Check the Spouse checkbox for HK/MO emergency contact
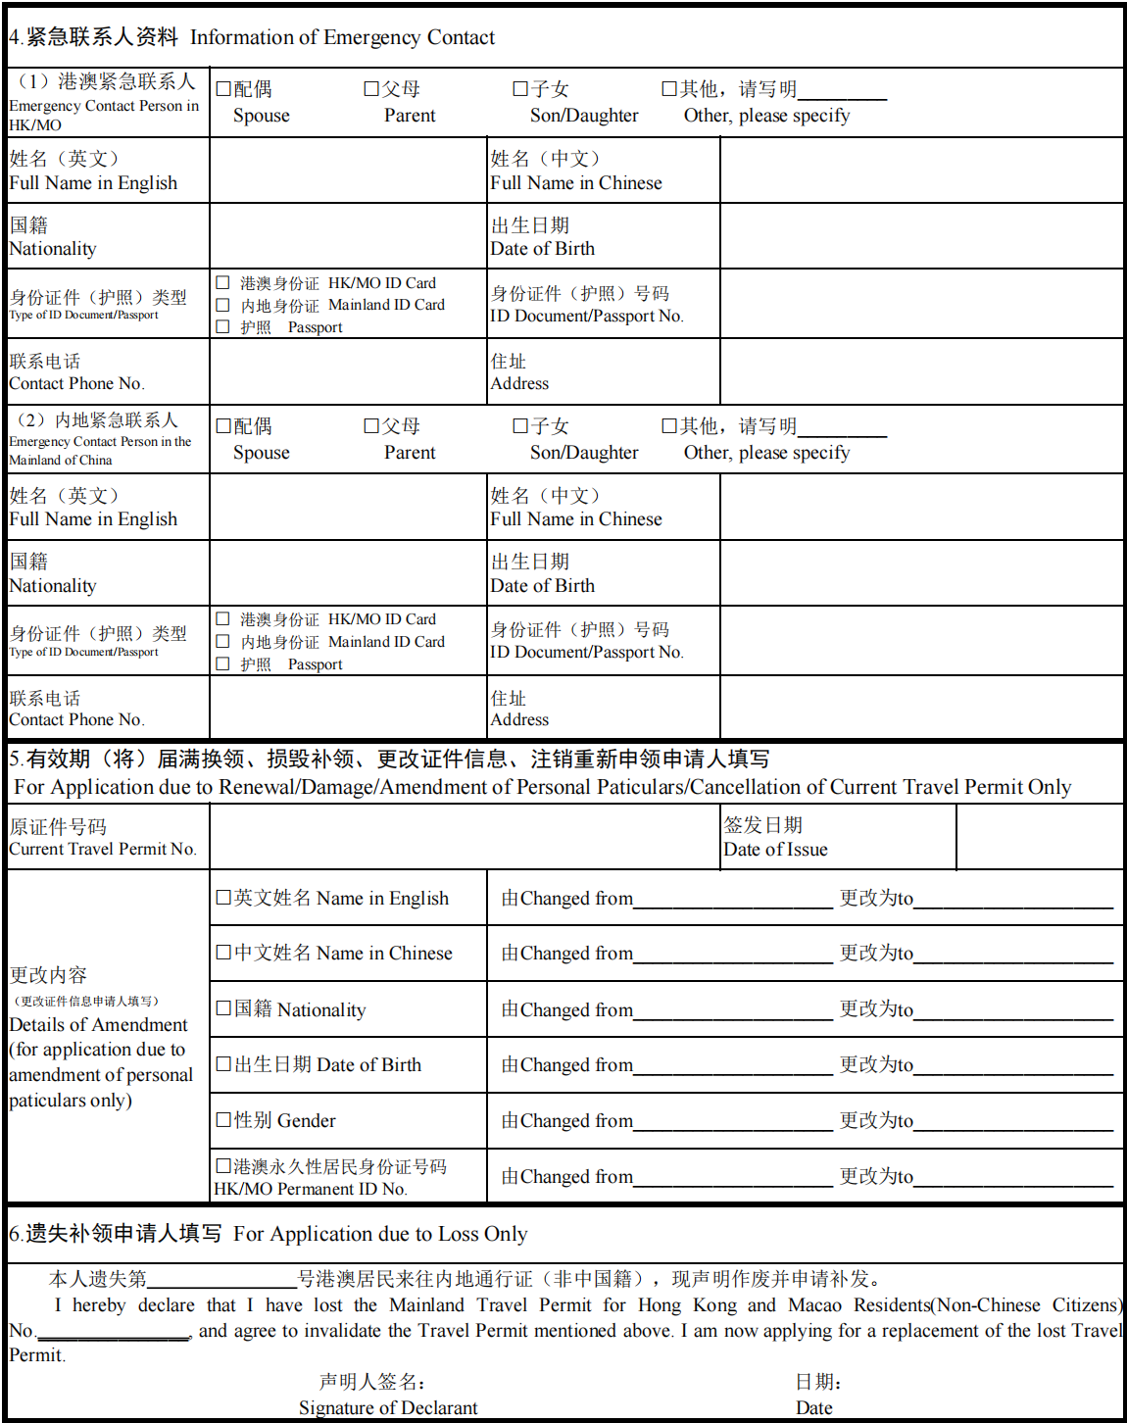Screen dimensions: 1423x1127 pyautogui.click(x=222, y=89)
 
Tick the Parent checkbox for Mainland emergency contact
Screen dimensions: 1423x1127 pyautogui.click(x=371, y=426)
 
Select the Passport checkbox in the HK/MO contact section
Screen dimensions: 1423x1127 pyautogui.click(x=222, y=327)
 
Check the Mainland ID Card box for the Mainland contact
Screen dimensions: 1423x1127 pyautogui.click(x=222, y=642)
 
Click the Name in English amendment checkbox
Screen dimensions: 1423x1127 pyautogui.click(x=222, y=898)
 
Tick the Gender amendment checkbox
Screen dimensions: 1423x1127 pyautogui.click(x=222, y=1120)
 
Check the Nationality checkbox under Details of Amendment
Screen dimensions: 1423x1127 pyautogui.click(x=222, y=1009)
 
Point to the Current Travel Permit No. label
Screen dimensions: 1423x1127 pyautogui.click(x=103, y=849)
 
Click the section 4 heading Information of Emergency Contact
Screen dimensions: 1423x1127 pyautogui.click(x=342, y=37)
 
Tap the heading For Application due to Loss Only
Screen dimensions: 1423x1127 pyautogui.click(x=380, y=1234)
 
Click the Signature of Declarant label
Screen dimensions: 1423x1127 pyautogui.click(x=388, y=1407)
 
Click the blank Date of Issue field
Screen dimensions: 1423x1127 pyautogui.click(x=1039, y=837)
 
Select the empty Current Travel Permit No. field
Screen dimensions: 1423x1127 pyautogui.click(x=465, y=837)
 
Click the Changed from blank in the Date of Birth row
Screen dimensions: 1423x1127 pyautogui.click(x=732, y=1065)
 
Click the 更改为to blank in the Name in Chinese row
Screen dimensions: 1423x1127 pyautogui.click(x=1012, y=954)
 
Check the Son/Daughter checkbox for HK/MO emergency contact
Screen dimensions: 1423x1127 pyautogui.click(x=520, y=89)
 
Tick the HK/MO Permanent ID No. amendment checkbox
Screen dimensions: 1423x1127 pyautogui.click(x=222, y=1166)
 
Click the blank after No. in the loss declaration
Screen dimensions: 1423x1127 pyautogui.click(x=113, y=1331)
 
